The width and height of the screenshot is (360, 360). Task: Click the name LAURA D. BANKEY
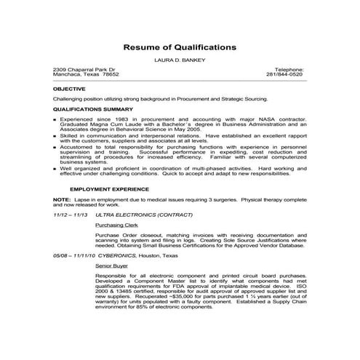point(180,61)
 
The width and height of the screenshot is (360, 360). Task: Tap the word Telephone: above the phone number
point(290,70)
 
